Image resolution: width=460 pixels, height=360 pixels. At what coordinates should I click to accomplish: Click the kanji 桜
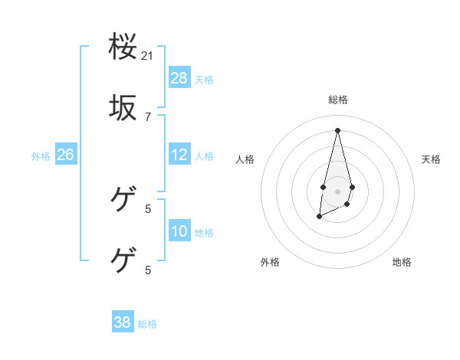pyautogui.click(x=123, y=48)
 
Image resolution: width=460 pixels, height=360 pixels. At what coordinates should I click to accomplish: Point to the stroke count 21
pyautogui.click(x=148, y=56)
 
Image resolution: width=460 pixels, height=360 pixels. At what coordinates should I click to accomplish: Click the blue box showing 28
pyautogui.click(x=179, y=78)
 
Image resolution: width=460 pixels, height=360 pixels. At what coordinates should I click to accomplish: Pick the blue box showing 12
pyautogui.click(x=179, y=155)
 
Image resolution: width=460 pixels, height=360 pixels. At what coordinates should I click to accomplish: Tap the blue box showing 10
pyautogui.click(x=179, y=231)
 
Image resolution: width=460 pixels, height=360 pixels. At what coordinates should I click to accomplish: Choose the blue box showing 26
pyautogui.click(x=65, y=155)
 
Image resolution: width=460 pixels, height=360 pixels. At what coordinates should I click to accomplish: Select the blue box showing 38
pyautogui.click(x=123, y=322)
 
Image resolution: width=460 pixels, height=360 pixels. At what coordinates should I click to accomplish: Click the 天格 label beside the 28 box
pyautogui.click(x=204, y=80)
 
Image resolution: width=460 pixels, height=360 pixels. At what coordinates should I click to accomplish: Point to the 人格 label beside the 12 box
pyautogui.click(x=204, y=156)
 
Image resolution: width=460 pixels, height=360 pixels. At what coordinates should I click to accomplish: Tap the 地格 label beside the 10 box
pyautogui.click(x=204, y=233)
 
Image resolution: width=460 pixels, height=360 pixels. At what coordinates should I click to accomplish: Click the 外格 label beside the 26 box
pyautogui.click(x=41, y=156)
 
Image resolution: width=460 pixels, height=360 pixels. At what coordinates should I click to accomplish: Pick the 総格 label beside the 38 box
pyautogui.click(x=147, y=324)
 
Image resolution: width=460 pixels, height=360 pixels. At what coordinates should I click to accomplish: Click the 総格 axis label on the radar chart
pyautogui.click(x=338, y=100)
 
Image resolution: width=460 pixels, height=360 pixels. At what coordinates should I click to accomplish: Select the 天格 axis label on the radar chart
pyautogui.click(x=432, y=159)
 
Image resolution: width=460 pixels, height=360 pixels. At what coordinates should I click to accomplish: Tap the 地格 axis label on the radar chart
pyautogui.click(x=402, y=262)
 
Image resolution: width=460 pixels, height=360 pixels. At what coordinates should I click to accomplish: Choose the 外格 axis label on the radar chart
pyautogui.click(x=270, y=262)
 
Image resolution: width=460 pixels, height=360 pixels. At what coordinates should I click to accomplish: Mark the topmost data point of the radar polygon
pyautogui.click(x=337, y=129)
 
